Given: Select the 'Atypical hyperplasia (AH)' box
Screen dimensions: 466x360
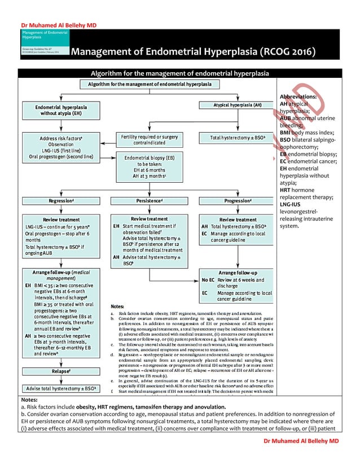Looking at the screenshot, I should point(237,105).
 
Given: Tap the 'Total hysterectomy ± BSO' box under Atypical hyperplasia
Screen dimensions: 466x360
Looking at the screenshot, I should point(238,138).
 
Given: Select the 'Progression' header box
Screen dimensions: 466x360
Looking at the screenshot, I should point(238,201).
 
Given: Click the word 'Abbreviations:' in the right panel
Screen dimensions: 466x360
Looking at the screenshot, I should point(297,96).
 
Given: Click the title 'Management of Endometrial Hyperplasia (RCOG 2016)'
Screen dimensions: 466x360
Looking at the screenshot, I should point(193,53).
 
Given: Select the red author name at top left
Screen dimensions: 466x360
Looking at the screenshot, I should point(51,25).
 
